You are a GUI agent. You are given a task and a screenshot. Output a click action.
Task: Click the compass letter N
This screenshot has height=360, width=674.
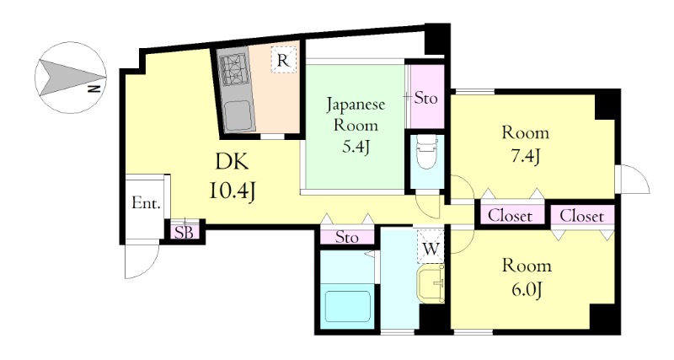94,89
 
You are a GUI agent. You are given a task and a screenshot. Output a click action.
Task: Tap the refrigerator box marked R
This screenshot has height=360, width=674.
283,60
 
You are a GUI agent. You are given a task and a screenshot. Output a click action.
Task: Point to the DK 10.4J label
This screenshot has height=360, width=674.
233,176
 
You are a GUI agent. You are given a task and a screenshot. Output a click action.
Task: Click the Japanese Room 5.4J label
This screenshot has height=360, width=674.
356,126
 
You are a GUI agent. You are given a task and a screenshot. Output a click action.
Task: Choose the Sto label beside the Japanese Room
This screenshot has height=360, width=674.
425,99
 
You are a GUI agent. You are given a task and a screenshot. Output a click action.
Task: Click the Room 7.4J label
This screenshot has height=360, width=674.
525,144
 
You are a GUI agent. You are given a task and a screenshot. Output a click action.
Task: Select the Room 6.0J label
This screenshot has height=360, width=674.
527,277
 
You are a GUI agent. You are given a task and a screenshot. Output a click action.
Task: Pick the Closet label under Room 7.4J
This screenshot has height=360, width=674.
511,216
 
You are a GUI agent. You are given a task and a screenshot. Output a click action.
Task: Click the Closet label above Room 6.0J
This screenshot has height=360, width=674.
581,216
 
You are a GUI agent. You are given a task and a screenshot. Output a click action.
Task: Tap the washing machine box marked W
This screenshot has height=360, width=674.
431,247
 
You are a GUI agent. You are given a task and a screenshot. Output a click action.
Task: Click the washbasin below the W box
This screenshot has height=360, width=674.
431,284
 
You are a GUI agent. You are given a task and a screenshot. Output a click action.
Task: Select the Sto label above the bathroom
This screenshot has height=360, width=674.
346,237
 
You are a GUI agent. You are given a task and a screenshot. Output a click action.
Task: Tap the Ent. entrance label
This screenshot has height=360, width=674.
146,202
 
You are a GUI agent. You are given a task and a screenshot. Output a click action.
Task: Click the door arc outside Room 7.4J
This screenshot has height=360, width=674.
639,177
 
